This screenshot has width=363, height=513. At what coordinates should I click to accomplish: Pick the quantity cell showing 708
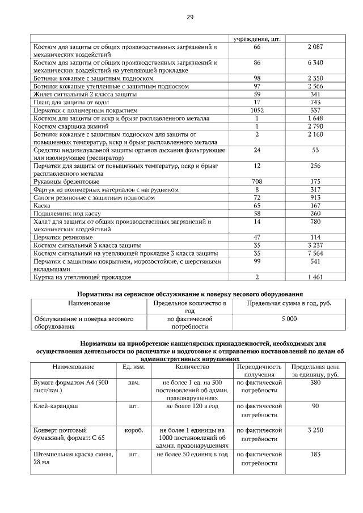tap(257, 181)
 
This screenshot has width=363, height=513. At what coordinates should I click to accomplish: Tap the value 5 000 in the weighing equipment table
tap(289, 319)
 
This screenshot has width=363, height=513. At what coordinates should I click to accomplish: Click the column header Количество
tap(189, 367)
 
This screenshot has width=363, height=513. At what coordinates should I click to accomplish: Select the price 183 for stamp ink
tap(315, 454)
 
